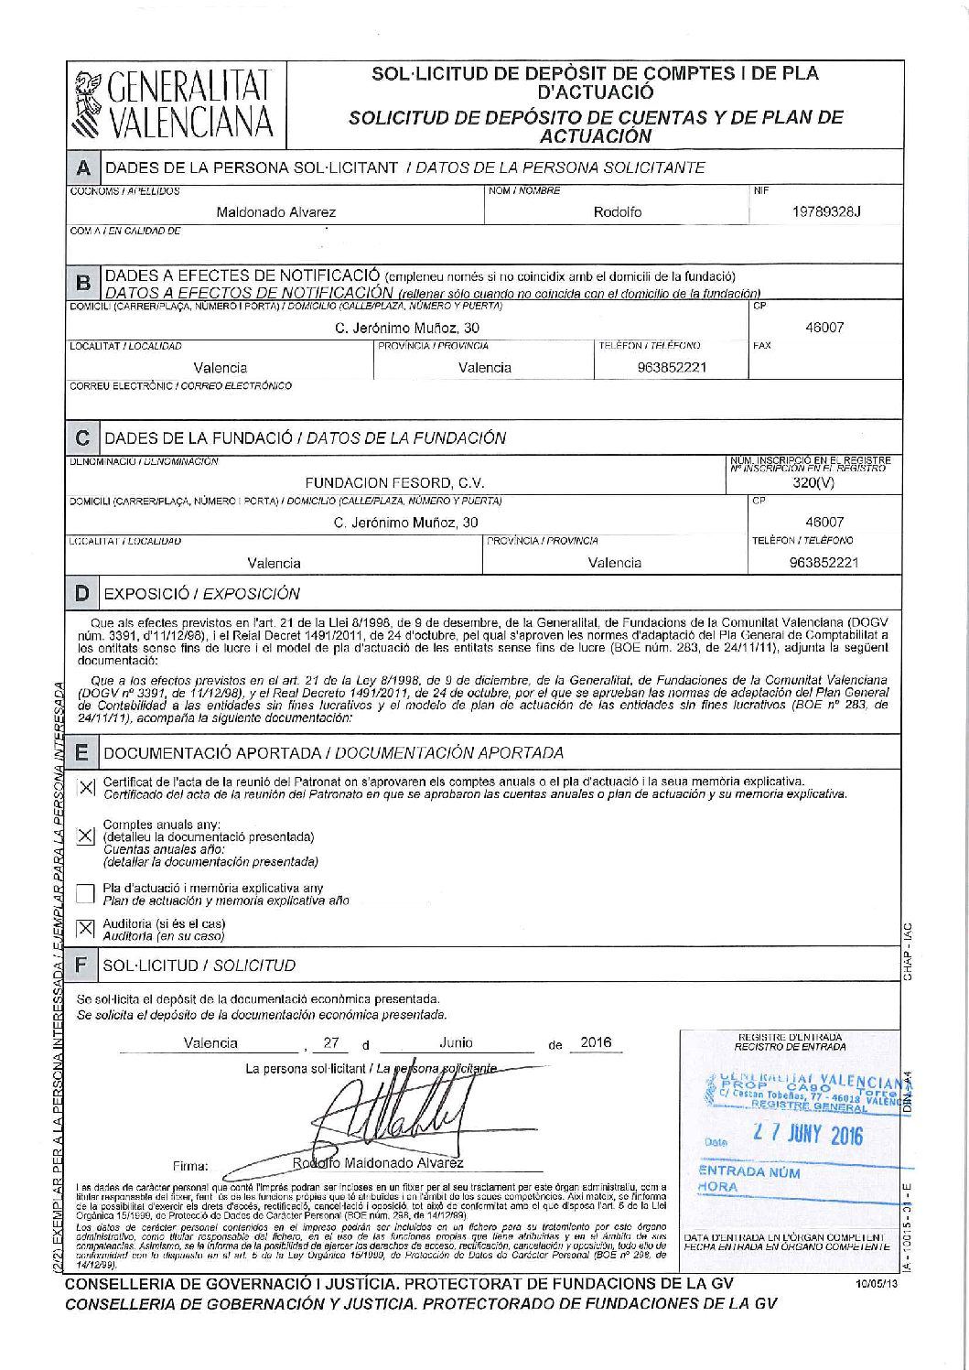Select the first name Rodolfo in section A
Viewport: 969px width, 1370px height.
click(x=618, y=211)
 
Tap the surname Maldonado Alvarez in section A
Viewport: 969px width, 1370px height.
click(x=275, y=211)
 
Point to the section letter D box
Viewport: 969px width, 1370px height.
click(x=82, y=593)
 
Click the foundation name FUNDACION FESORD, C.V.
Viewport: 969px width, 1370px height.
click(x=394, y=482)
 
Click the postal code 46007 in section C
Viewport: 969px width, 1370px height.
click(x=824, y=522)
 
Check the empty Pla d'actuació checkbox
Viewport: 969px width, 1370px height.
click(x=85, y=893)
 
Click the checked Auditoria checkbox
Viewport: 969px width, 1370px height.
click(x=85, y=929)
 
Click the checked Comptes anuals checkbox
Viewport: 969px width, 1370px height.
click(x=85, y=836)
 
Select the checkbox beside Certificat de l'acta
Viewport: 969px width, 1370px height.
click(x=85, y=787)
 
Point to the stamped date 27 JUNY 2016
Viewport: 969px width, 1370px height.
click(x=807, y=1136)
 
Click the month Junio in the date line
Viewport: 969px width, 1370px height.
click(x=456, y=1042)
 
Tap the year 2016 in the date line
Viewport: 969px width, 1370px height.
click(x=596, y=1042)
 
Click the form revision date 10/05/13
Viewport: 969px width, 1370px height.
click(x=872, y=1286)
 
